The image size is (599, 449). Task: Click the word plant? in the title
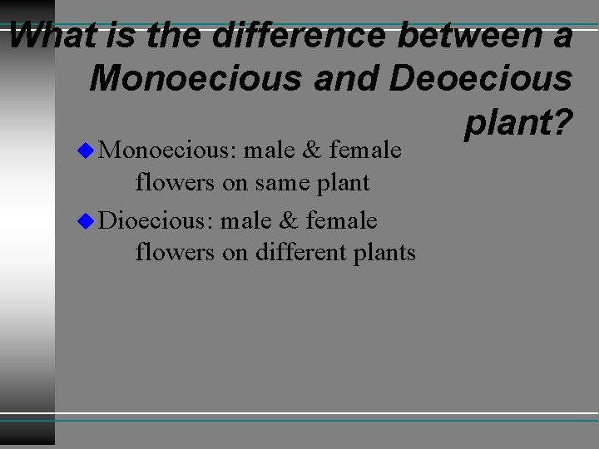[517, 123]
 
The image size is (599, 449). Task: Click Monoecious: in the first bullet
[167, 151]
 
